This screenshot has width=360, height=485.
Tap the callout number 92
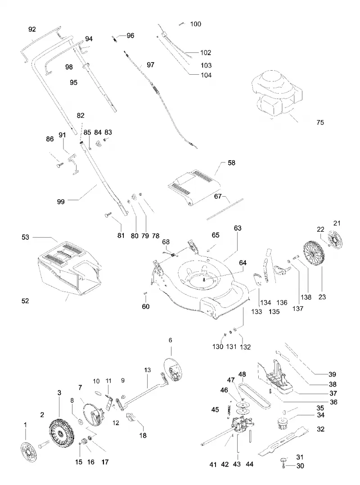coord(32,29)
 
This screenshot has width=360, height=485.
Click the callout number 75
coord(320,122)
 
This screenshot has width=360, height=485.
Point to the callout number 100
coord(195,24)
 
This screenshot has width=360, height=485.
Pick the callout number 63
coord(238,228)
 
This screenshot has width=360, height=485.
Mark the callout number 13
coord(148,370)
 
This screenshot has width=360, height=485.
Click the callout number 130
coord(218,347)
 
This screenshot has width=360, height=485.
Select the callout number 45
coord(215,410)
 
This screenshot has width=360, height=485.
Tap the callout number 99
coord(61,202)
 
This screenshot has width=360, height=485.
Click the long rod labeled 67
coord(225,209)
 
